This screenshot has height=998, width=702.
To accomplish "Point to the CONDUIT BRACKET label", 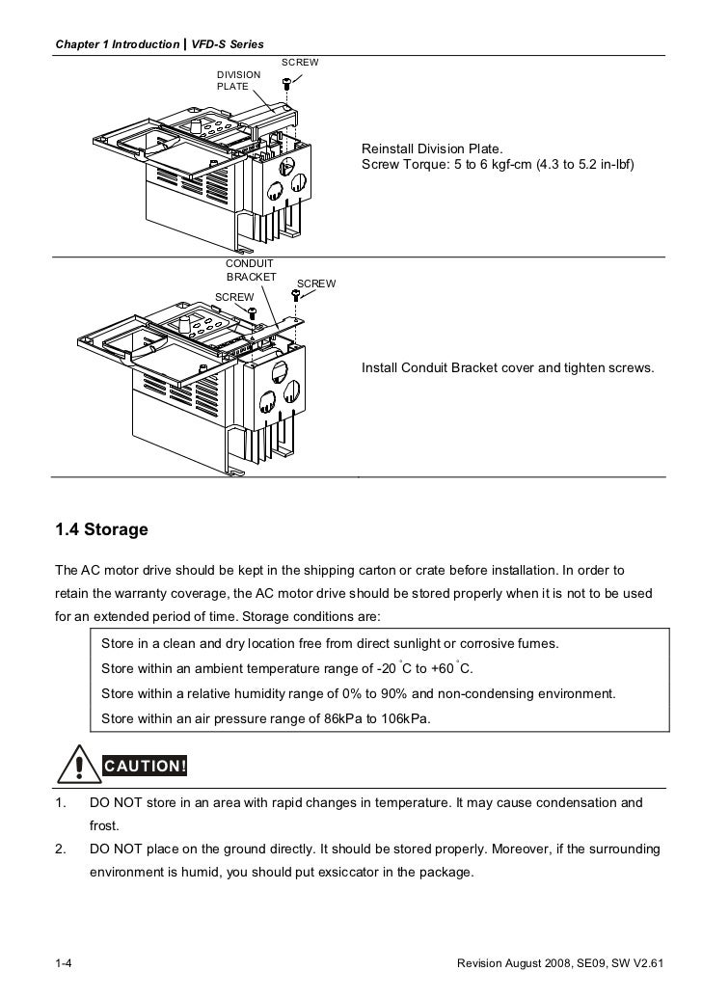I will [250, 269].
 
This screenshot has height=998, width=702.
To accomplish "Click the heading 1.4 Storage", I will [101, 529].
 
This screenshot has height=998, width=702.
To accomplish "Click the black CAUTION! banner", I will [145, 767].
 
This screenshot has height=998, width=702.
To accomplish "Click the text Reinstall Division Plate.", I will [431, 149].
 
